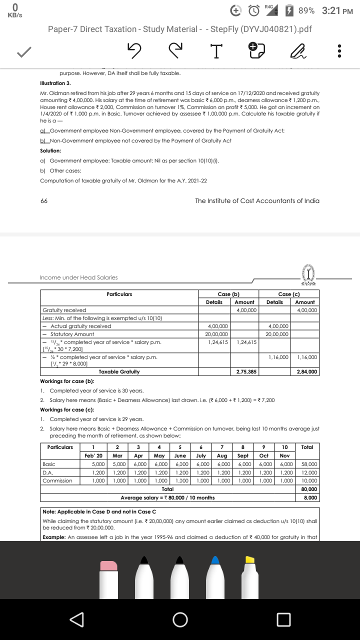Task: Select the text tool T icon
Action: point(214,51)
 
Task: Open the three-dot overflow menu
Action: point(339,51)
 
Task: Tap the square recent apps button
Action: point(283,619)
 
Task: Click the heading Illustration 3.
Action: point(55,83)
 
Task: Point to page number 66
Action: point(44,201)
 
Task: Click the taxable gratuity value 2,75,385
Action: point(246,372)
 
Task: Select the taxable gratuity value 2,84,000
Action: point(306,372)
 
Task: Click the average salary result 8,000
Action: point(310,498)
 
